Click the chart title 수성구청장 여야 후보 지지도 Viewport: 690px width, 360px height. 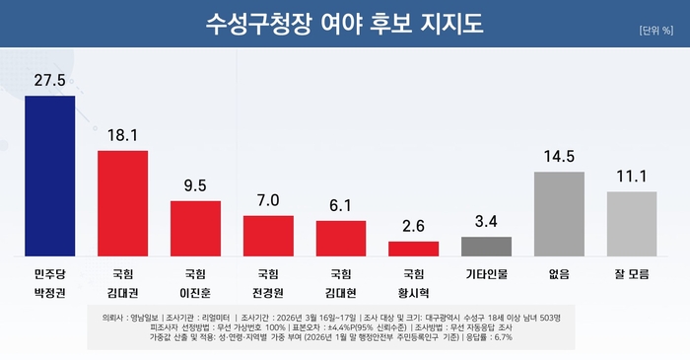[x=345, y=24]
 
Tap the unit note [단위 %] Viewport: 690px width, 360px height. [x=655, y=30]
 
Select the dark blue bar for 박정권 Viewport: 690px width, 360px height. [x=50, y=176]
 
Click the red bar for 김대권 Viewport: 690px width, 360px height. [x=123, y=203]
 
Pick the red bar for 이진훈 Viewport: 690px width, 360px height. [x=195, y=228]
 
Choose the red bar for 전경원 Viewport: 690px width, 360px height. [x=268, y=235]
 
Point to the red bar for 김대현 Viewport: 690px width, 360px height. [x=341, y=238]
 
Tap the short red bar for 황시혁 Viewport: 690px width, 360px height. [x=414, y=248]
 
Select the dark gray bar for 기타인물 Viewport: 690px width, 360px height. [x=487, y=246]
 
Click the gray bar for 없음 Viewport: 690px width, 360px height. [x=559, y=213]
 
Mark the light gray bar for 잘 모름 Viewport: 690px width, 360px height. [x=632, y=223]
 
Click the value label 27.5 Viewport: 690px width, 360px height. [x=50, y=78]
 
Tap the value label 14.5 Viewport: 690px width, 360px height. [x=559, y=155]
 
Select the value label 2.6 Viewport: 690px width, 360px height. [x=414, y=225]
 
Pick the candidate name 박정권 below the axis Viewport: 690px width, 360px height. [x=50, y=293]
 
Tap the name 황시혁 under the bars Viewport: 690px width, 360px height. [x=414, y=293]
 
